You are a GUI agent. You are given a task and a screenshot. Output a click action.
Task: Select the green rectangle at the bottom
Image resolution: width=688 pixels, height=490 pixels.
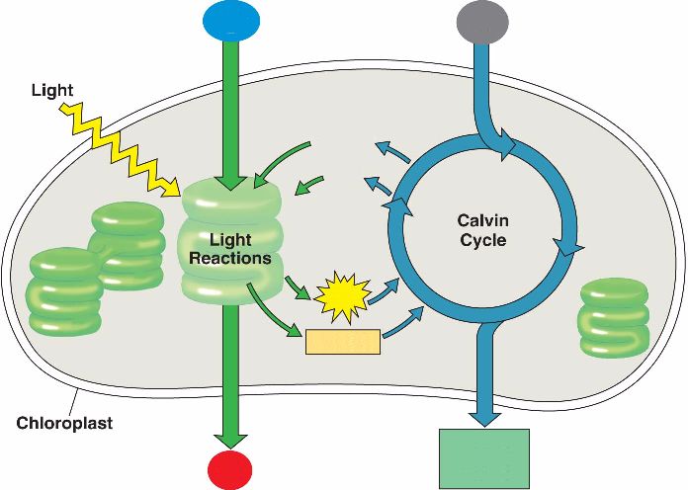483,458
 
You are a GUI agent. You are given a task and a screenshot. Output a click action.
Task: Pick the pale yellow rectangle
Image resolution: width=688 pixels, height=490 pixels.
343,342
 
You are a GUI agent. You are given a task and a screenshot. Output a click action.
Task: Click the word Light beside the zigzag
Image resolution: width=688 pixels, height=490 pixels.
51,91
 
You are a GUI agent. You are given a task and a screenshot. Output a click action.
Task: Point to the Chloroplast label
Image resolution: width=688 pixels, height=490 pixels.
64,424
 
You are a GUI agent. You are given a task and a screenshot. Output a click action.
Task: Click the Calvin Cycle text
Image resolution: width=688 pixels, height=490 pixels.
483,229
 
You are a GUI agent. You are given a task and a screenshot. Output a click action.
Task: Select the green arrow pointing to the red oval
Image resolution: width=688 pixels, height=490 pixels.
230,375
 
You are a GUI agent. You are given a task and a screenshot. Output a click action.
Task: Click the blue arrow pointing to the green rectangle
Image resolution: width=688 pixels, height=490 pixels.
483,375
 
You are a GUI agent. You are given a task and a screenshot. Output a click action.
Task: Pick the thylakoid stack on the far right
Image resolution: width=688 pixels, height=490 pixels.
614,316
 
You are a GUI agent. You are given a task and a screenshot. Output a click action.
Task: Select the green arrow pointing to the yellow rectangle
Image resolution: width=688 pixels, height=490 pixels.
277,321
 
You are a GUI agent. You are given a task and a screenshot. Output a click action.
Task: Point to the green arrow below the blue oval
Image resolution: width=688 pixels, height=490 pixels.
230,109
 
